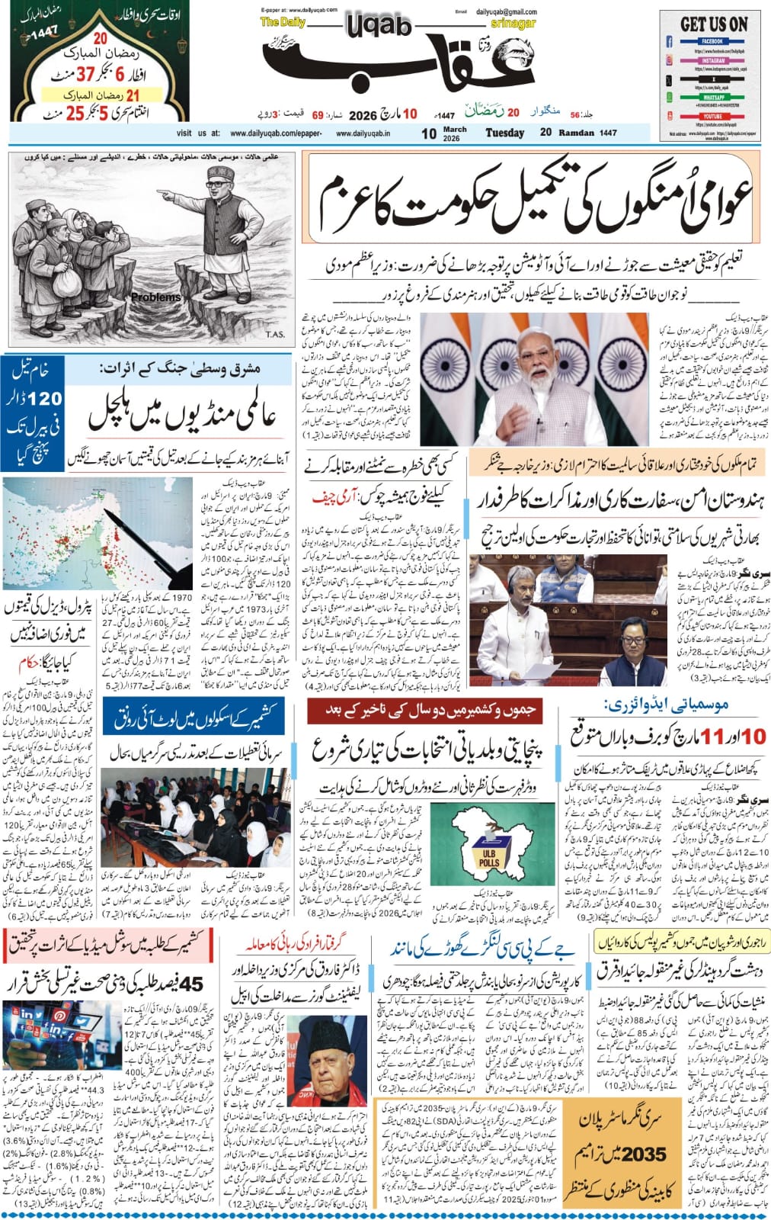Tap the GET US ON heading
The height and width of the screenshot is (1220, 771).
click(713, 24)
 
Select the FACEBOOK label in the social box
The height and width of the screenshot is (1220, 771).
click(712, 40)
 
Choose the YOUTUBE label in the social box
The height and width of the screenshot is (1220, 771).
click(712, 116)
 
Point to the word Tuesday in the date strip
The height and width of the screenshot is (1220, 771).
click(505, 133)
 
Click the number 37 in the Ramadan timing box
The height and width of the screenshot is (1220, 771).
click(84, 72)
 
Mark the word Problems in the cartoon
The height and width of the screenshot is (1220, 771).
click(155, 297)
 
